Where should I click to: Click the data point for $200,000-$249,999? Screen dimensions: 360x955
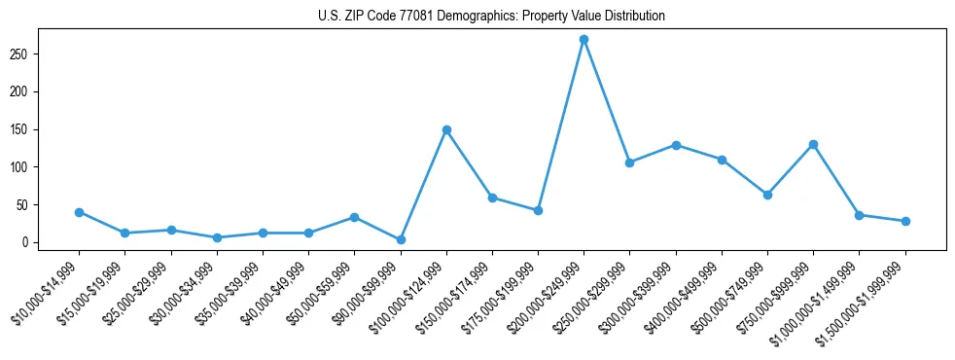pos(584,40)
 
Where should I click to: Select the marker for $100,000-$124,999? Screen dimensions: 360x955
pos(446,129)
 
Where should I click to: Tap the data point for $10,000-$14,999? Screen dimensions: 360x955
pos(79,212)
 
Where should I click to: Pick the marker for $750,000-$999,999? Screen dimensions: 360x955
pos(813,144)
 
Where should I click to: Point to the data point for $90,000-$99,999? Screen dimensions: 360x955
pos(401,239)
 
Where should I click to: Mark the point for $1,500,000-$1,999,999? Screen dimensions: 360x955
pos(905,221)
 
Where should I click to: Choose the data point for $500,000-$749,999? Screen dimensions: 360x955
pos(767,195)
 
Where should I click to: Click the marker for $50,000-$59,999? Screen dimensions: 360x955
pos(354,217)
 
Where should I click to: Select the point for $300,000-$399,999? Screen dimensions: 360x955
pos(676,145)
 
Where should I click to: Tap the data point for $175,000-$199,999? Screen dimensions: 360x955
pos(538,210)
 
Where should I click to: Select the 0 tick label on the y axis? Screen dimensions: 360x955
pos(32,242)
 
